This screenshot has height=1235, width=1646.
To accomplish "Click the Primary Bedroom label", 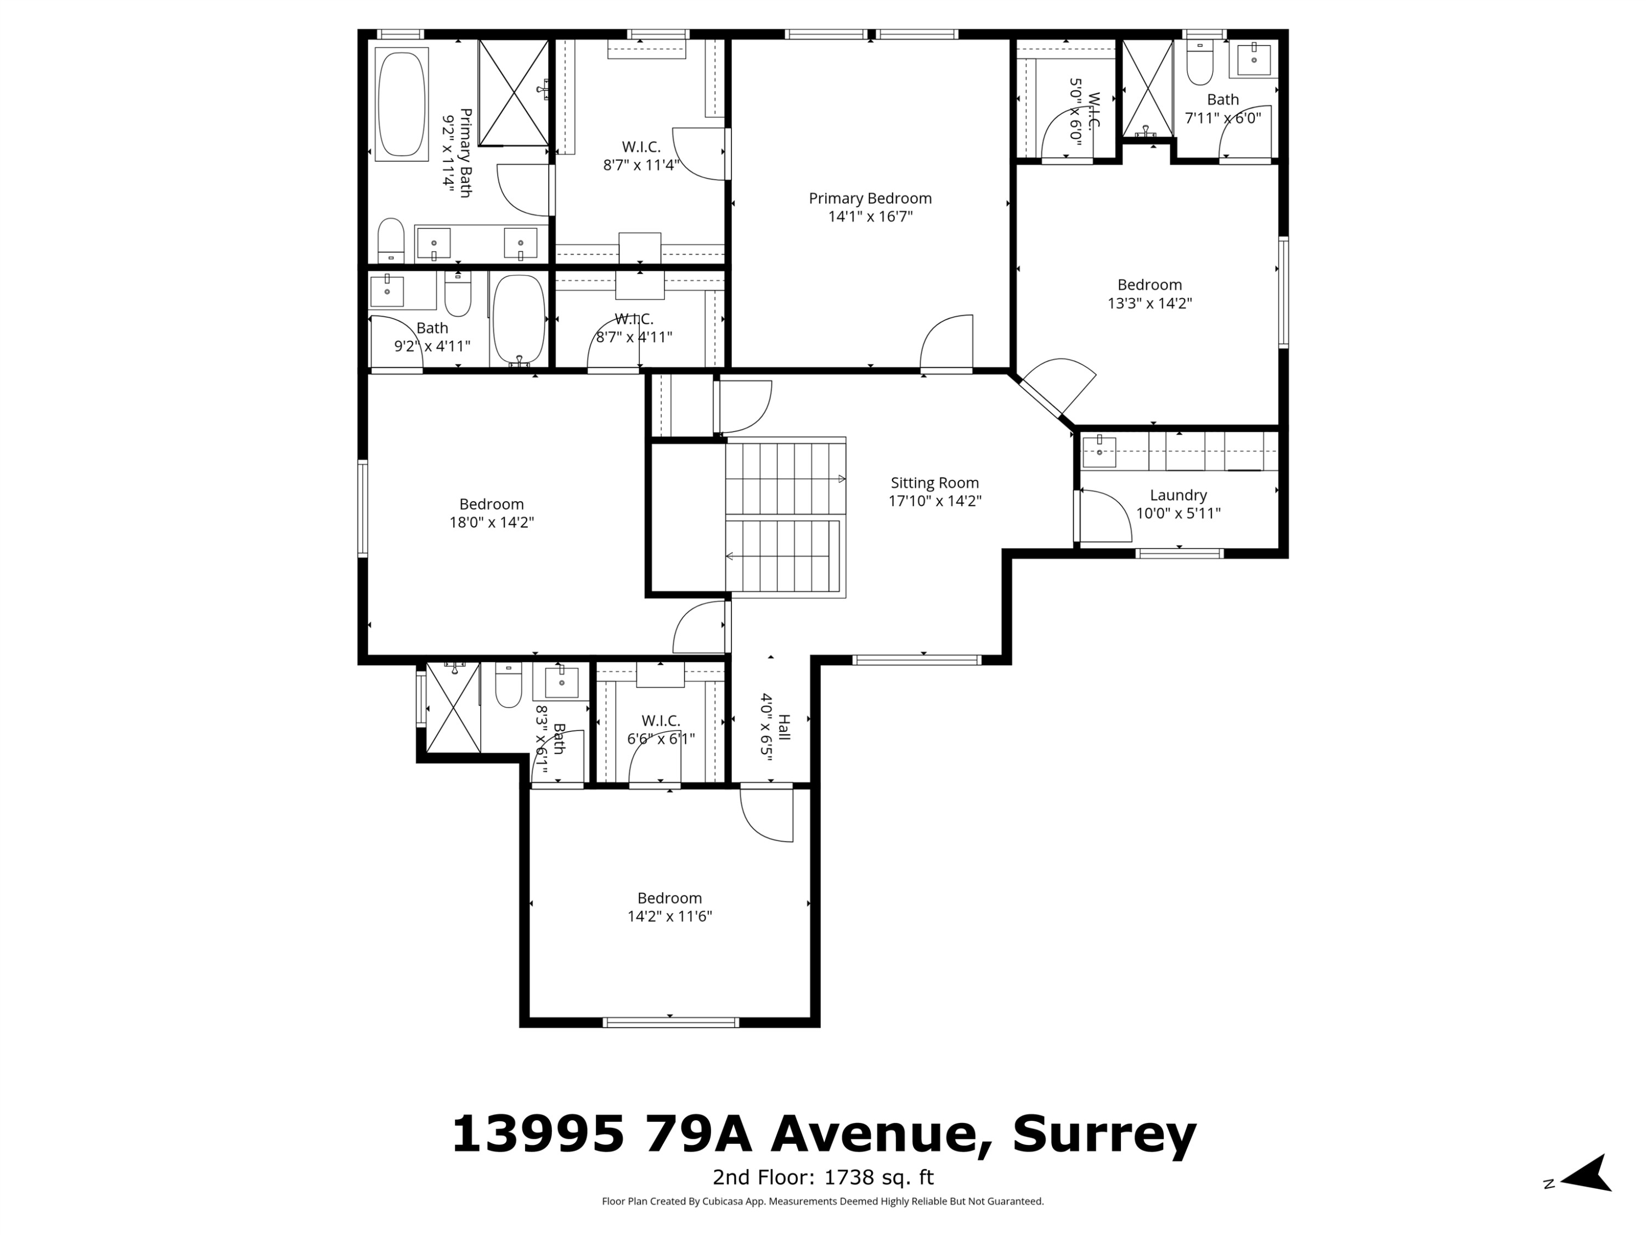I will click(x=870, y=198).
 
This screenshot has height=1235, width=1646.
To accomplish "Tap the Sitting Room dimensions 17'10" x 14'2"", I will click(x=934, y=501).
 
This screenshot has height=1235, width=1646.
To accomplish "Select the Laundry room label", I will click(x=1178, y=495).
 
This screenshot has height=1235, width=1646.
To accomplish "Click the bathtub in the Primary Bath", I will click(x=402, y=104).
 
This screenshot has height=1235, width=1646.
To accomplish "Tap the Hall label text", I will click(x=783, y=727).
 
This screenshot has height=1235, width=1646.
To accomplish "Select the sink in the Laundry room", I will click(x=1099, y=452).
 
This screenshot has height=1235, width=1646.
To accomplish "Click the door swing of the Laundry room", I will click(x=1105, y=517).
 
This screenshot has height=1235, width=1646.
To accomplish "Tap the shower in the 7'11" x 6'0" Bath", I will click(x=1147, y=89).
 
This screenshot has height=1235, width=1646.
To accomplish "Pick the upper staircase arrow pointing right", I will click(x=842, y=479).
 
